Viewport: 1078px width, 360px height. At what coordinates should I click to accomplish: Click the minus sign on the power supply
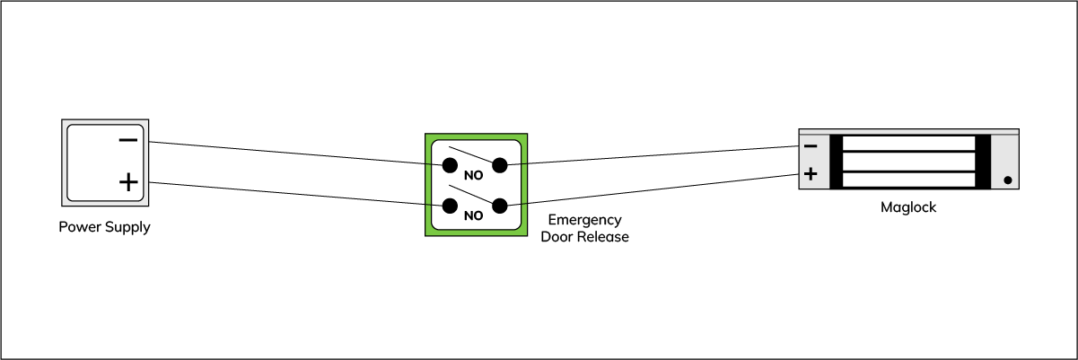coord(128,140)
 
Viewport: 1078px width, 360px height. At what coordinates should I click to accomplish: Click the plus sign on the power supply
coord(128,182)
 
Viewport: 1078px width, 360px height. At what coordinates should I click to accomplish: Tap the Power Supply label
coord(104,227)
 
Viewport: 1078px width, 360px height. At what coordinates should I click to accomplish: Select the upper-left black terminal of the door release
coord(449,165)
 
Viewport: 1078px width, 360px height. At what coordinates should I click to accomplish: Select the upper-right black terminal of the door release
coord(500,165)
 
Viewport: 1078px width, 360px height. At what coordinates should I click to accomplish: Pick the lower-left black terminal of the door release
coord(449,206)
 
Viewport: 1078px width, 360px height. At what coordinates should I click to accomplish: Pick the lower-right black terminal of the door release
coord(500,206)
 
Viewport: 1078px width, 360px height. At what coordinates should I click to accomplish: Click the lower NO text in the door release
coord(473,216)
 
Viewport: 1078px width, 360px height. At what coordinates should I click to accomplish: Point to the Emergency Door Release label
coord(584,229)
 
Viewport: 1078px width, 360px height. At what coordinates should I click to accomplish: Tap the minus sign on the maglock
coord(811,145)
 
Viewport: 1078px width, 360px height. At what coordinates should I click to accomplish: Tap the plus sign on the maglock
coord(811,174)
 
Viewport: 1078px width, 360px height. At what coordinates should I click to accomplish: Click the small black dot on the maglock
coord(1008,180)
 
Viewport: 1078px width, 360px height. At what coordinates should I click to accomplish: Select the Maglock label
coord(908,208)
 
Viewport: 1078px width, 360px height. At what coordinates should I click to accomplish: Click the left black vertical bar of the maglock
coord(837,162)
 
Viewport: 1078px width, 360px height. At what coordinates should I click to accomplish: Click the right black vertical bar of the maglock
coord(982,162)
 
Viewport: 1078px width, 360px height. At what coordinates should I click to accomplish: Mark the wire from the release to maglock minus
coord(646,156)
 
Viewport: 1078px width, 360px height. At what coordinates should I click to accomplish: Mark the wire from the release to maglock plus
coord(646,191)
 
